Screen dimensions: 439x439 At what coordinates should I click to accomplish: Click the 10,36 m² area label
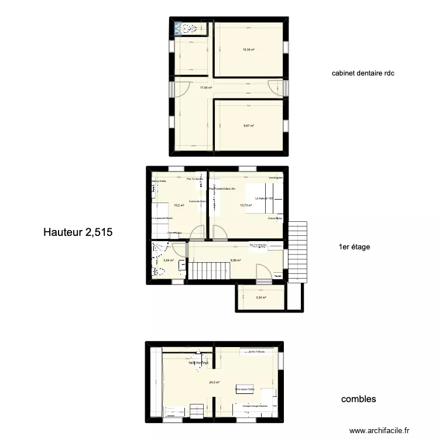(x=249, y=50)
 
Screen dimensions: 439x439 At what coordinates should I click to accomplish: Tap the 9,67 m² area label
(x=249, y=125)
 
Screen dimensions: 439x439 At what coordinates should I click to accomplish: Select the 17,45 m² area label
(x=205, y=88)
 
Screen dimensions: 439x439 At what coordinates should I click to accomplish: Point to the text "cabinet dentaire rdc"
(x=363, y=73)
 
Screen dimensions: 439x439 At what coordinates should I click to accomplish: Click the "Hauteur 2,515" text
(x=77, y=232)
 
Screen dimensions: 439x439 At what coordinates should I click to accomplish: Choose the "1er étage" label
(x=354, y=247)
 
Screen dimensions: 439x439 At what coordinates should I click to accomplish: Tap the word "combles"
(x=358, y=399)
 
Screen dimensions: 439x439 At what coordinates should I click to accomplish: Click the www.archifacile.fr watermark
(x=379, y=431)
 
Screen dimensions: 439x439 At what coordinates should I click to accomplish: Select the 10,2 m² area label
(x=179, y=205)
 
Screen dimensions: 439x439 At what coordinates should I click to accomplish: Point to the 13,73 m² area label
(x=245, y=205)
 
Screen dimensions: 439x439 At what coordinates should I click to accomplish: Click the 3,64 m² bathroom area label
(x=169, y=261)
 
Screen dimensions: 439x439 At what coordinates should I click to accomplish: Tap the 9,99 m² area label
(x=235, y=261)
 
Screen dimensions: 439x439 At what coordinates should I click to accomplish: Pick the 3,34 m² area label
(x=260, y=297)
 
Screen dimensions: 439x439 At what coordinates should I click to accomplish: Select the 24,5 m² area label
(x=214, y=383)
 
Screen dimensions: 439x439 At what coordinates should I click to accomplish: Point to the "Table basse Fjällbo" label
(x=245, y=389)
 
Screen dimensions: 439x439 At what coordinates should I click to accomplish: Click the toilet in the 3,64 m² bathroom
(x=156, y=271)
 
